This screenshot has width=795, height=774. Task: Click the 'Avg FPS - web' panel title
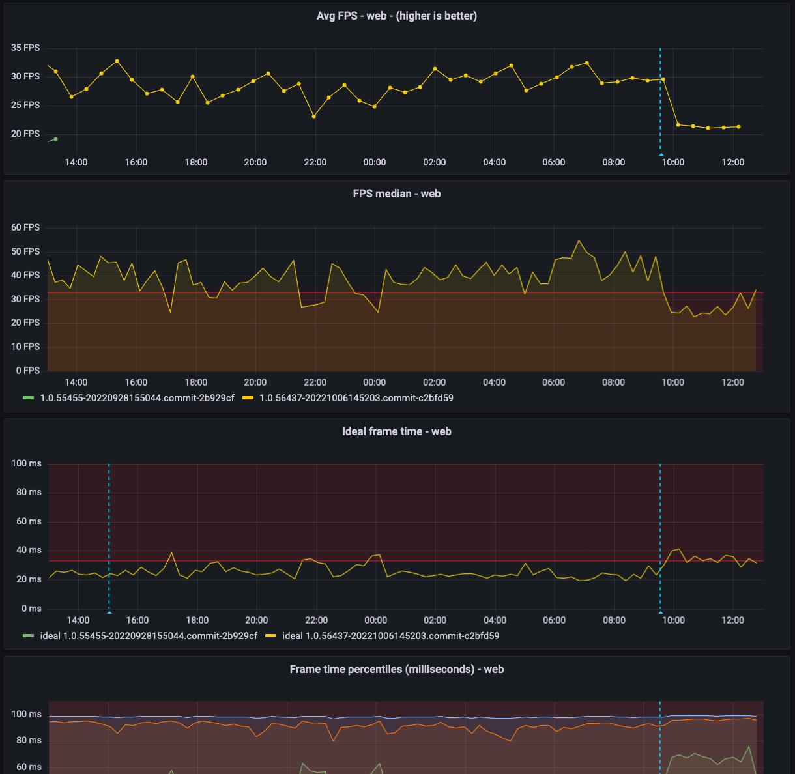(396, 16)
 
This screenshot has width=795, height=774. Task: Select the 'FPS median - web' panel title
(396, 193)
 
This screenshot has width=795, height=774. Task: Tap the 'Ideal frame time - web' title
(396, 431)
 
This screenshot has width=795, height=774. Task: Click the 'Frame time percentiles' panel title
(396, 669)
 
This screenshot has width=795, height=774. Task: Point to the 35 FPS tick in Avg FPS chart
(25, 48)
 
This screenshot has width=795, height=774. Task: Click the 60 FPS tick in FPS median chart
(25, 227)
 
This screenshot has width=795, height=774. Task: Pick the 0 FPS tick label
(27, 370)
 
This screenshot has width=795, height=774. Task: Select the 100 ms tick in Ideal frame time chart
(26, 463)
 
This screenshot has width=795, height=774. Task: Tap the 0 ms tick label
(31, 609)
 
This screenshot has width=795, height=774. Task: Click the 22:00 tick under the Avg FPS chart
(315, 162)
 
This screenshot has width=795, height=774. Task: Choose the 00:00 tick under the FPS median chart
(374, 382)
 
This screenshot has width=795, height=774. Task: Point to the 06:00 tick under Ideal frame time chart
(554, 620)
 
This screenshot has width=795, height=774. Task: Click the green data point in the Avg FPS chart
(56, 139)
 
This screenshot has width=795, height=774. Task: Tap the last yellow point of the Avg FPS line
(738, 126)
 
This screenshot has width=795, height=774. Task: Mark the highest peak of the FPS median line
(578, 240)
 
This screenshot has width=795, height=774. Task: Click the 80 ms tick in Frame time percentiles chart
(26, 740)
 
